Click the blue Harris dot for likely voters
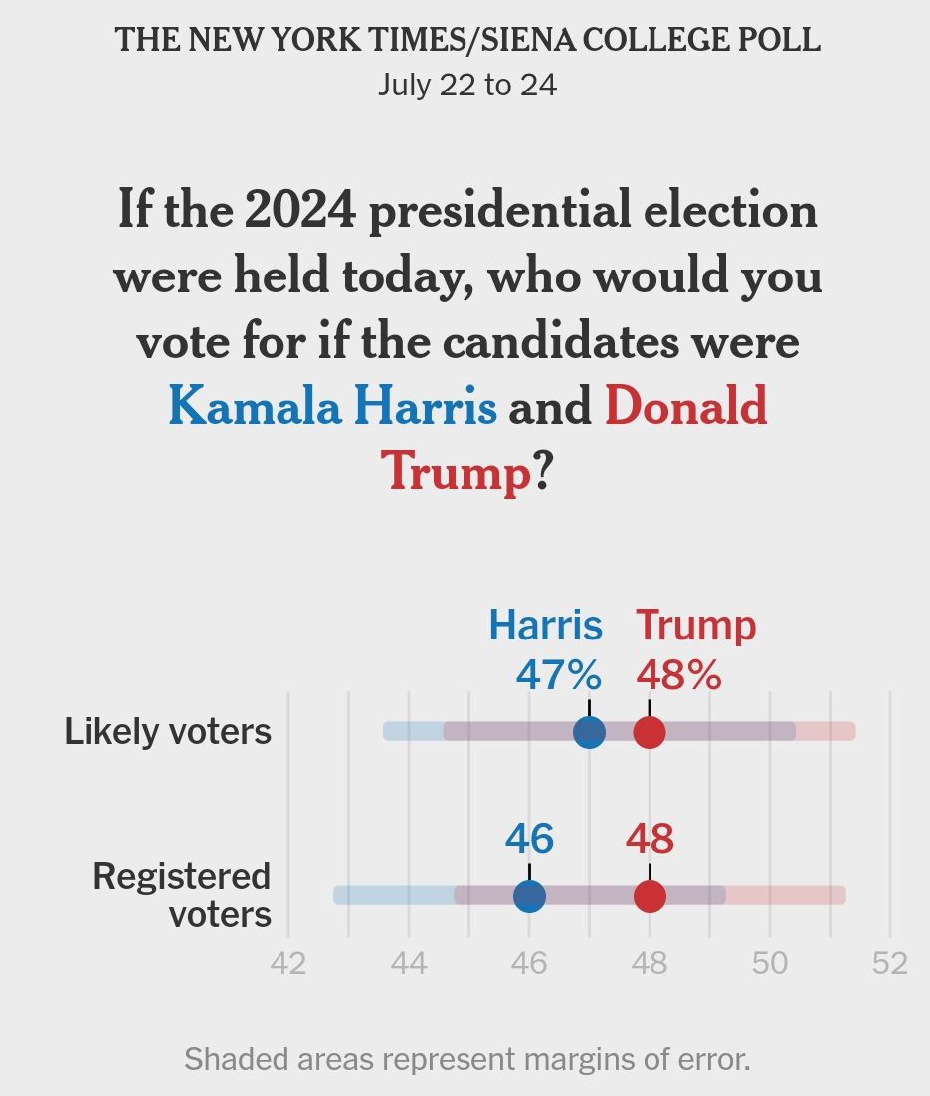(589, 733)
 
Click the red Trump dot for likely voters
(650, 733)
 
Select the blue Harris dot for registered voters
(529, 896)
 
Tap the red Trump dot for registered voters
(650, 896)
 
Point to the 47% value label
(558, 676)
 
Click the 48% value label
(678, 676)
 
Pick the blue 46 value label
(529, 840)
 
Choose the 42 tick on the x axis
(288, 964)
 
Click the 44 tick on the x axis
(409, 964)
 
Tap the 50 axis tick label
(770, 964)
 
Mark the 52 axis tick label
(890, 964)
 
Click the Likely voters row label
(167, 732)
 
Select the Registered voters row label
(182, 895)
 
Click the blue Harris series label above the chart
(545, 626)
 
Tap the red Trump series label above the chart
(695, 626)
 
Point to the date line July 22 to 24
(466, 86)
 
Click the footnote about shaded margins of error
(466, 1059)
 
